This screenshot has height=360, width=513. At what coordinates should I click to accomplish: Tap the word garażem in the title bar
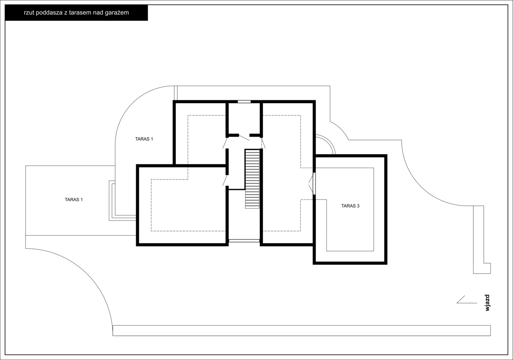[117, 13]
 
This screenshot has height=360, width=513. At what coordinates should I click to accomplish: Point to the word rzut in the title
[29, 13]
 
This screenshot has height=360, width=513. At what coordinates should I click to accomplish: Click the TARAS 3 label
[350, 206]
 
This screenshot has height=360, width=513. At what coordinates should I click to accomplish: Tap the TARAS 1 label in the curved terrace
[144, 139]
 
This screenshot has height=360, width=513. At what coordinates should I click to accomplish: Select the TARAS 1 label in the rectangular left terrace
[74, 200]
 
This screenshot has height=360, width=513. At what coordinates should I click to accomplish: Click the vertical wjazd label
[487, 303]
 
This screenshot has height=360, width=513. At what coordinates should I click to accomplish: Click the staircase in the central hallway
[252, 179]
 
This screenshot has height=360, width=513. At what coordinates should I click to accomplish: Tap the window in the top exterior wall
[244, 102]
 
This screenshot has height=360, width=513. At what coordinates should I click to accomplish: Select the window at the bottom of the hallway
[244, 241]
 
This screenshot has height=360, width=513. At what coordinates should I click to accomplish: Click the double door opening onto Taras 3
[312, 183]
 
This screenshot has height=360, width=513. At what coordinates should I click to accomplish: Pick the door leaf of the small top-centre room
[244, 138]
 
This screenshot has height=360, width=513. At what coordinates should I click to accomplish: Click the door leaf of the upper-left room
[225, 143]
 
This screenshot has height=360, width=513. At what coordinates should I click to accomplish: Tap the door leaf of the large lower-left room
[225, 180]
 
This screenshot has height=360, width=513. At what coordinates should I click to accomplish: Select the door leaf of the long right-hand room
[263, 143]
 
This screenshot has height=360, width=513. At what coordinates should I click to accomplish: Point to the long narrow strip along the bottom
[302, 331]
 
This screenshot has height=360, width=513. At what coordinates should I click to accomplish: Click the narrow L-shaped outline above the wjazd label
[478, 239]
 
